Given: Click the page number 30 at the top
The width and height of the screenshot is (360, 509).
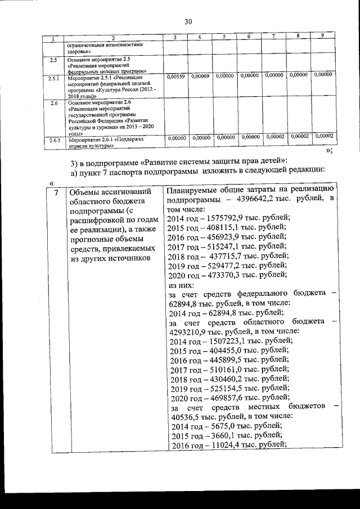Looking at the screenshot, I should [x=188, y=22].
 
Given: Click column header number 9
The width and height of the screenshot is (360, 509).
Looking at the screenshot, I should [x=322, y=36].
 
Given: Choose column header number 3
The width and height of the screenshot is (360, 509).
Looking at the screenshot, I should [x=176, y=37].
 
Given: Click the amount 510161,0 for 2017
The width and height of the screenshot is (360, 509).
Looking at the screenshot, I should [x=227, y=370].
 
